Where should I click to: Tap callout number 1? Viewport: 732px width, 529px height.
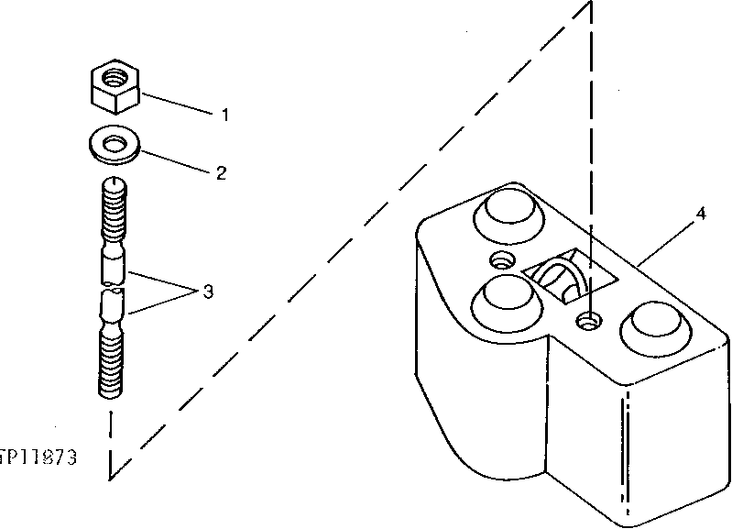tap(223, 116)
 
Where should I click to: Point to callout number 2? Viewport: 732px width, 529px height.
tap(221, 172)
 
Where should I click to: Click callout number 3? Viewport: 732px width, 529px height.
tap(208, 292)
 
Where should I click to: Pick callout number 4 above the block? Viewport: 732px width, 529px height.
tap(700, 214)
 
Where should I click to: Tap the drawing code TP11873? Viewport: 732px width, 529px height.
tap(38, 456)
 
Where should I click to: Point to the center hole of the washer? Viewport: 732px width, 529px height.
tap(115, 143)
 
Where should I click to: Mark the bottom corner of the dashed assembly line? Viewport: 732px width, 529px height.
tap(111, 477)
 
